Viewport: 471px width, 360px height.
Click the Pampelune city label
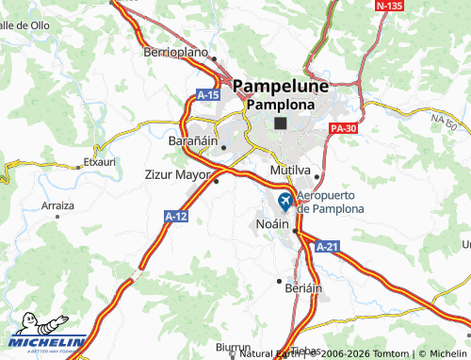[x=281, y=86]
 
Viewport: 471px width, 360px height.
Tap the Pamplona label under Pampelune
[x=281, y=104]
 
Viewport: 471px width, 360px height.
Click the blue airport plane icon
[x=286, y=201]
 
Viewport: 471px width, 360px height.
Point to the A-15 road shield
[x=208, y=95]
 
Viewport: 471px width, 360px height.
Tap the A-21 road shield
[x=326, y=246]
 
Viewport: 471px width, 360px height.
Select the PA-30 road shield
[x=344, y=127]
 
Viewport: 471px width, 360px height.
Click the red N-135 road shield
[x=390, y=6]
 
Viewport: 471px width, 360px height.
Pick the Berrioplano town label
[x=175, y=53]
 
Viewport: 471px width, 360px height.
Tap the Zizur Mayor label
[x=177, y=174]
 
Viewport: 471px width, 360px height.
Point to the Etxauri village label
[x=99, y=161]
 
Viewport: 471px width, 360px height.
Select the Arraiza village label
[x=58, y=205]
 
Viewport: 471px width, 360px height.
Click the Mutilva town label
[x=291, y=169]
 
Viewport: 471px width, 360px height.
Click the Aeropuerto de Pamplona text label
[x=330, y=201]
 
